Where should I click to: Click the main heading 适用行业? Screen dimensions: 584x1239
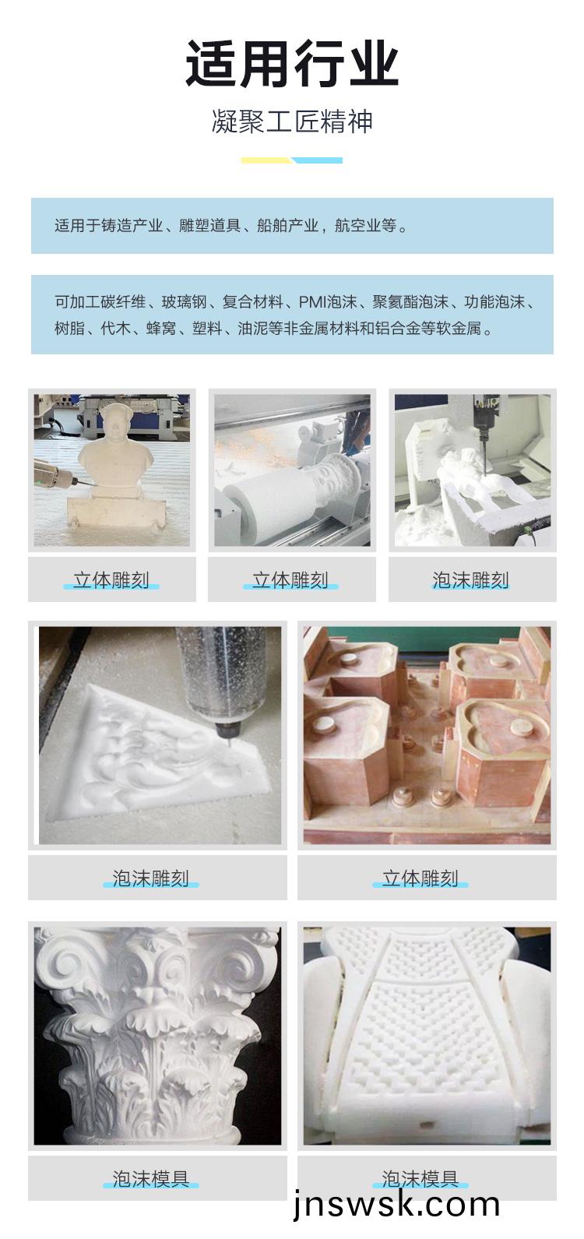[x=292, y=64]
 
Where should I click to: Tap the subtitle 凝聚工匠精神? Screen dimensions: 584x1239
[x=292, y=121]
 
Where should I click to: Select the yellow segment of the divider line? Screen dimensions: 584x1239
[x=266, y=160]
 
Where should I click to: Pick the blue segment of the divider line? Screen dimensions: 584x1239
[x=318, y=160]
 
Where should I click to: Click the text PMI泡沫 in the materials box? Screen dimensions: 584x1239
[x=327, y=302]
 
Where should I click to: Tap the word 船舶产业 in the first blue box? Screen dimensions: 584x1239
[x=287, y=226]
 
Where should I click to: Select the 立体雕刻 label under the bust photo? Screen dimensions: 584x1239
[x=111, y=579]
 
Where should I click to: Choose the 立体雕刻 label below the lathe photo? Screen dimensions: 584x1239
[x=291, y=579]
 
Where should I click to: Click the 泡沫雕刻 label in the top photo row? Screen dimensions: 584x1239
[x=470, y=579]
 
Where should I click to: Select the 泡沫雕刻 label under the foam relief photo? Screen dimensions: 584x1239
[x=151, y=878]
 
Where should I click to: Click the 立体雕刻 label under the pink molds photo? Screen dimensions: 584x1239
[x=420, y=878]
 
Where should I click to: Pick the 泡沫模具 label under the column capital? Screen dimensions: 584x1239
[x=151, y=1179]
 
